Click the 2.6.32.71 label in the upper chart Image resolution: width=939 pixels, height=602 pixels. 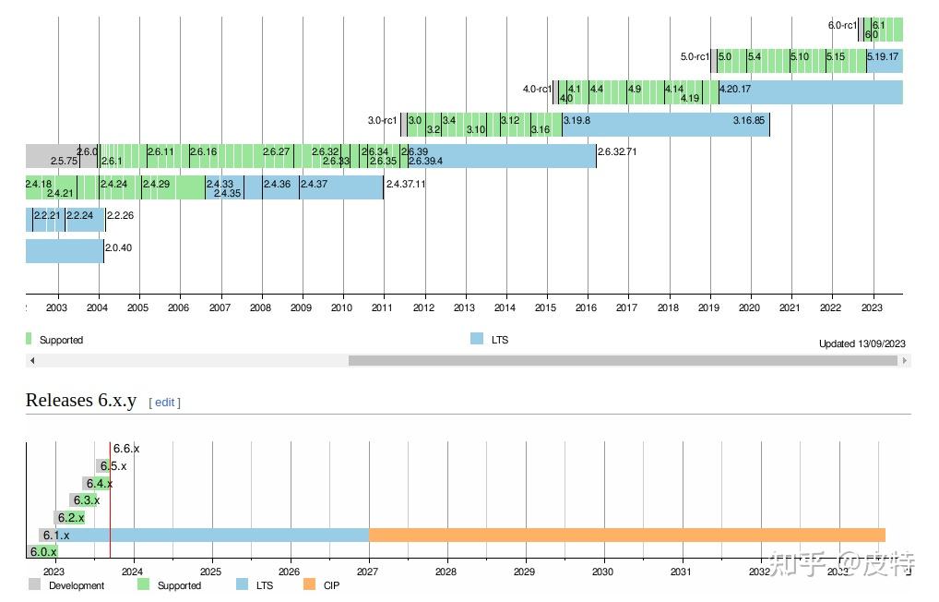tap(617, 151)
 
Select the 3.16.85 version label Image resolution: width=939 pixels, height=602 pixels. tap(748, 120)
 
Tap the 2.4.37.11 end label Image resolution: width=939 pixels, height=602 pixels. tap(406, 184)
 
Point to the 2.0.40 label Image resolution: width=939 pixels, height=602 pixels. tap(118, 247)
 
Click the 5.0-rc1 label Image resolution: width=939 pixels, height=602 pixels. tap(695, 56)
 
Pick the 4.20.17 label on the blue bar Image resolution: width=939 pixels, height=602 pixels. tap(735, 89)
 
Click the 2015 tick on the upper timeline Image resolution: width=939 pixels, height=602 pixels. tap(545, 307)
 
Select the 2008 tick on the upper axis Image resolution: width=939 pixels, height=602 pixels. tap(260, 307)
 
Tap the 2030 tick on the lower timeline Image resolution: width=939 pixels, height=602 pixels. tap(602, 572)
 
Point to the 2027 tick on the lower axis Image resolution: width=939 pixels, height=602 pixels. tap(368, 572)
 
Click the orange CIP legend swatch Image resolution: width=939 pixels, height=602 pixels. tap(309, 584)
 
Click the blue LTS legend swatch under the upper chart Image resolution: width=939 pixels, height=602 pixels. tap(477, 339)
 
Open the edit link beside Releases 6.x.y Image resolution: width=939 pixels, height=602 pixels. tap(164, 402)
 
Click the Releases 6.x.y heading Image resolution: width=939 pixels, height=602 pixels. tap(81, 400)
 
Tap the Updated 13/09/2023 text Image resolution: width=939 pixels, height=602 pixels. tap(862, 343)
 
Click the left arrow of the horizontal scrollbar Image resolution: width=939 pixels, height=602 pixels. tap(32, 361)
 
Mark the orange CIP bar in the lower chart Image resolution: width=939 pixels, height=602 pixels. tap(627, 535)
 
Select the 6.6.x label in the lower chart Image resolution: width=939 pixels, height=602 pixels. tap(126, 449)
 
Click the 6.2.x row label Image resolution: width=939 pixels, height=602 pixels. tap(71, 518)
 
